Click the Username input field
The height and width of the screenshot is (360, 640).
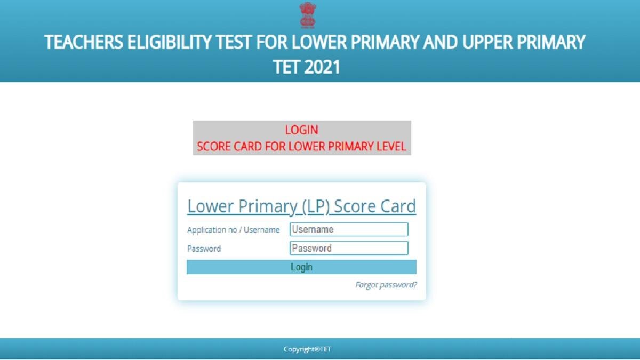[349, 229]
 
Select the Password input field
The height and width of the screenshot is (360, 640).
[349, 248]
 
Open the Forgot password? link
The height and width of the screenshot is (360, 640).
[386, 285]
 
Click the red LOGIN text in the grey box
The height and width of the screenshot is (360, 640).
[301, 130]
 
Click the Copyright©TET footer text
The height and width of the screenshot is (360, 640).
[307, 349]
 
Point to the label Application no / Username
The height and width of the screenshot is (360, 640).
[233, 230]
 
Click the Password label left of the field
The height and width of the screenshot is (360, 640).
[204, 249]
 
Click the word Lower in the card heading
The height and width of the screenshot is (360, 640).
[209, 206]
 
